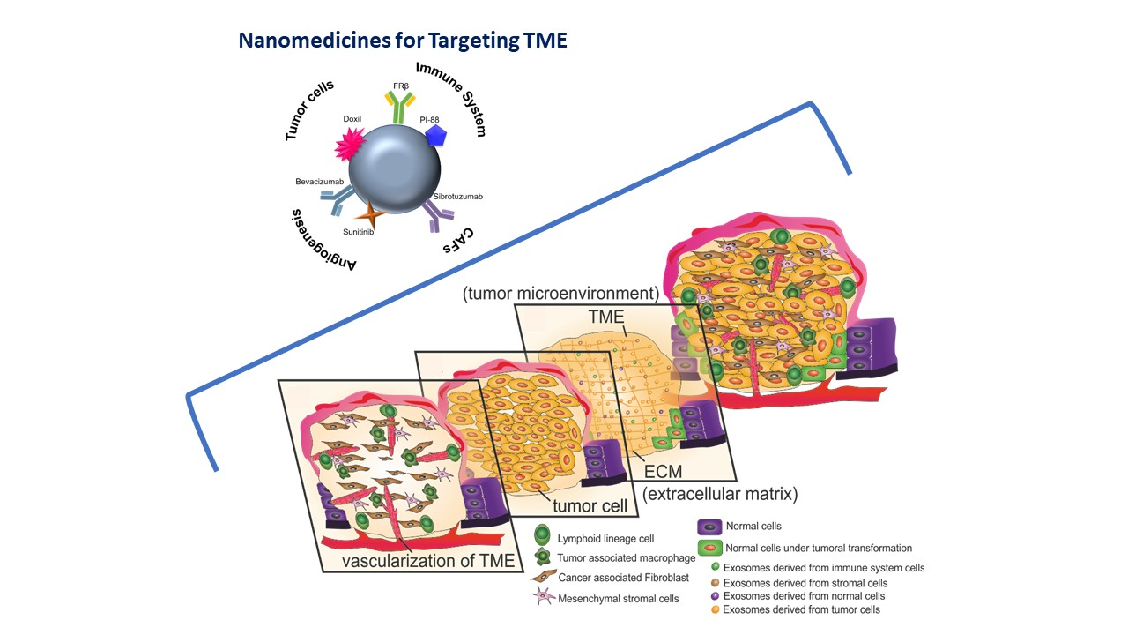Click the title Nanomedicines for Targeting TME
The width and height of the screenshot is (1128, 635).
(402, 41)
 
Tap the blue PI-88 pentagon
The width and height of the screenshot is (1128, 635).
(435, 135)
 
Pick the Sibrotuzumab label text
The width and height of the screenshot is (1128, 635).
(457, 196)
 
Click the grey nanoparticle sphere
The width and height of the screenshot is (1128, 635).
(394, 168)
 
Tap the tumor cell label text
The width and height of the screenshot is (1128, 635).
(590, 506)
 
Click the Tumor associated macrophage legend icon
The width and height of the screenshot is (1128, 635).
(543, 557)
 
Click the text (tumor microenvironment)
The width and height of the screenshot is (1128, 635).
(560, 293)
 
